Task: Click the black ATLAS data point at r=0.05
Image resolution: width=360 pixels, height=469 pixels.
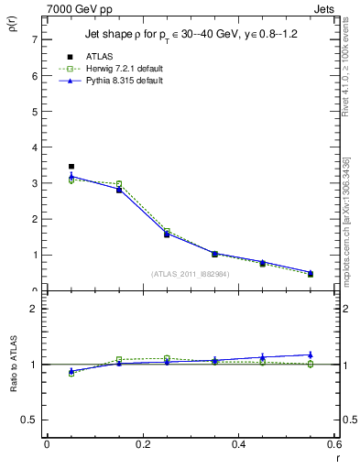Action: pyautogui.click(x=71, y=167)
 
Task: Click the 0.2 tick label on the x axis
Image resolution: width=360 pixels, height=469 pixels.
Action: pyautogui.click(x=142, y=444)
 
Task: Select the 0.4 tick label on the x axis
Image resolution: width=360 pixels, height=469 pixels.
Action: pyautogui.click(x=238, y=444)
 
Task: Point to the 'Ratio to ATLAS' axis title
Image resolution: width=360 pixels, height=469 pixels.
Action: pyautogui.click(x=14, y=365)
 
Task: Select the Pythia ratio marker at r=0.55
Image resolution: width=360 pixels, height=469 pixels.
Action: pyautogui.click(x=311, y=354)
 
